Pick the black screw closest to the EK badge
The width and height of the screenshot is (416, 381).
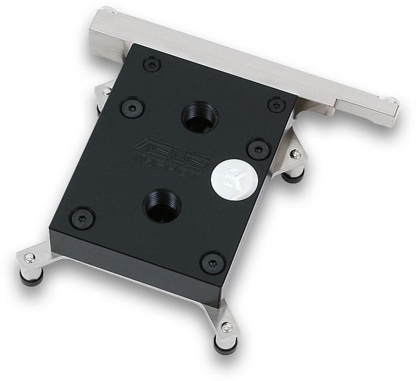pyautogui.click(x=259, y=150)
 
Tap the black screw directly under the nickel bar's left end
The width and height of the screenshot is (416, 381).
pyautogui.click(x=152, y=65)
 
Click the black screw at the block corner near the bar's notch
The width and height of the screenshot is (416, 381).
pyautogui.click(x=276, y=104)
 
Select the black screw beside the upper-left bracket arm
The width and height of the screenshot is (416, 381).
pyautogui.click(x=131, y=107)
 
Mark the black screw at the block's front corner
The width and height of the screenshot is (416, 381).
pyautogui.click(x=213, y=263)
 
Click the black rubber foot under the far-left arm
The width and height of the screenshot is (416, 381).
pyautogui.click(x=33, y=278)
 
